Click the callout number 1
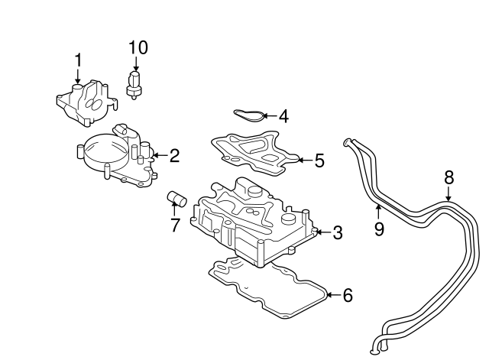[76, 60]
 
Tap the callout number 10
[138, 47]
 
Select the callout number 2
[174, 157]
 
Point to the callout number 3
[338, 232]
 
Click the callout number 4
[283, 116]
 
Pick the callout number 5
[319, 161]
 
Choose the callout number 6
[348, 294]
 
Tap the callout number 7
[174, 225]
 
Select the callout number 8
[449, 178]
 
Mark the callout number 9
[379, 229]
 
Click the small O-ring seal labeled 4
[249, 115]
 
